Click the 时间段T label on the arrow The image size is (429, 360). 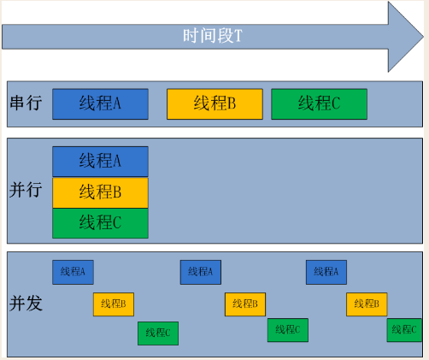tap(213, 36)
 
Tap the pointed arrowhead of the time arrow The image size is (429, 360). tap(423, 37)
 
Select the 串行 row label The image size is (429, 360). tap(26, 103)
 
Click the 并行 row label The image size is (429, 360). tap(26, 189)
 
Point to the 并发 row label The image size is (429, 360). tap(26, 303)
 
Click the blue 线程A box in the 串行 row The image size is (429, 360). tap(100, 104)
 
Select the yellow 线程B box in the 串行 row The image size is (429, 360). tap(214, 104)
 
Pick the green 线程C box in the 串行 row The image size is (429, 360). tap(320, 104)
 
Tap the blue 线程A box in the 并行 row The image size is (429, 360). tap(100, 162)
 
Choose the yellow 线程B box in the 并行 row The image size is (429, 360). tap(100, 192)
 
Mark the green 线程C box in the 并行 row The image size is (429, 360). tap(100, 223)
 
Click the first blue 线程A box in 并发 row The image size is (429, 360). tap(73, 272)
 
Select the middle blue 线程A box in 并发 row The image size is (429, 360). tap(201, 272)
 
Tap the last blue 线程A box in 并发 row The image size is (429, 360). tap(326, 272)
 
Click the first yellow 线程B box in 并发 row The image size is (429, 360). tap(114, 304)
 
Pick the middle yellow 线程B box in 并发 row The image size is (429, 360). tap(245, 304)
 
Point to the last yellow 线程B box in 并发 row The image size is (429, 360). tap(367, 304)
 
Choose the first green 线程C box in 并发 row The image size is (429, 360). tap(158, 333)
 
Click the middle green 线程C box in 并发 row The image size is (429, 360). tap(288, 330)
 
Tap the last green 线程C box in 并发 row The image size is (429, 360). tap(404, 330)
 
